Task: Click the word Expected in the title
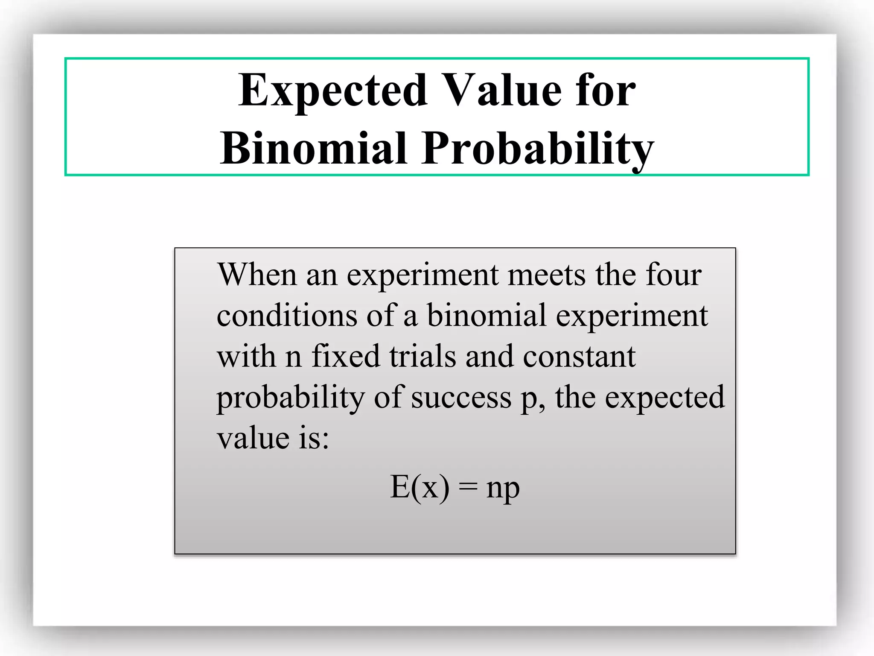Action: [x=333, y=91]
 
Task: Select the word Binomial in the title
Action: [x=314, y=149]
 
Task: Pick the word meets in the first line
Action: [x=547, y=274]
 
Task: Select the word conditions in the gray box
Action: [x=287, y=315]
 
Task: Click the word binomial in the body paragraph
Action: [x=487, y=315]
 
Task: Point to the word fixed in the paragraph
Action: [x=346, y=356]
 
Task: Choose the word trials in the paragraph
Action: [x=422, y=356]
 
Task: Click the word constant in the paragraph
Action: [x=579, y=357]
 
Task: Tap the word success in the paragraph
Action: [x=461, y=397]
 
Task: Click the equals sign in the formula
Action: [x=468, y=488]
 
